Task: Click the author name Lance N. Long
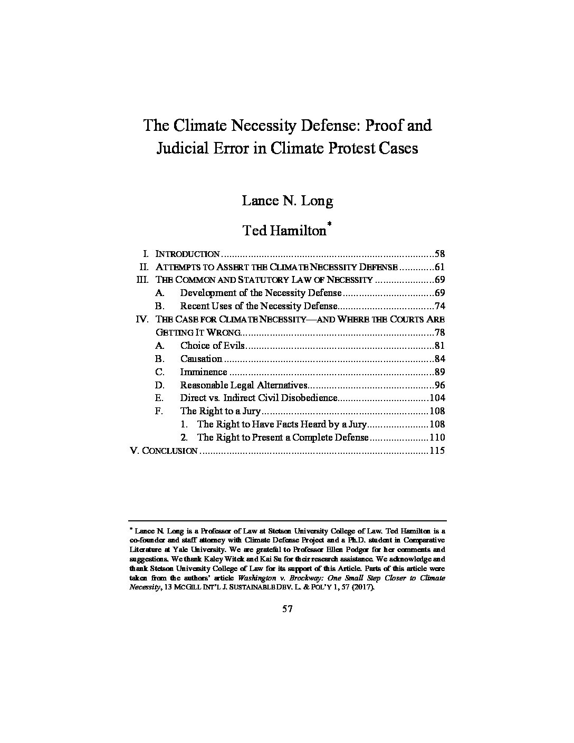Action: tap(288, 201)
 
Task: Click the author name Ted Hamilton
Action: tap(284, 231)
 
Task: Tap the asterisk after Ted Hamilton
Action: tap(329, 225)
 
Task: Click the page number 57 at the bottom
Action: tap(287, 608)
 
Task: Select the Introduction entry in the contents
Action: tap(187, 254)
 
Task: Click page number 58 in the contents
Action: tap(439, 254)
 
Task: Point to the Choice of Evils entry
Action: tap(212, 346)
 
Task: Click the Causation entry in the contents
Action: tap(201, 359)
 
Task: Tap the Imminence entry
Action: tap(204, 372)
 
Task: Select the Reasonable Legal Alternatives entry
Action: tap(243, 385)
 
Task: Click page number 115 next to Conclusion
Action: tap(437, 451)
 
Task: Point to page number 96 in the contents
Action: tap(439, 385)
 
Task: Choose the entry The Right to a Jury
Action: tap(220, 411)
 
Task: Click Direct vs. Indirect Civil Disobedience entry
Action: tap(258, 398)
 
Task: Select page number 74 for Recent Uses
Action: tap(439, 306)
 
